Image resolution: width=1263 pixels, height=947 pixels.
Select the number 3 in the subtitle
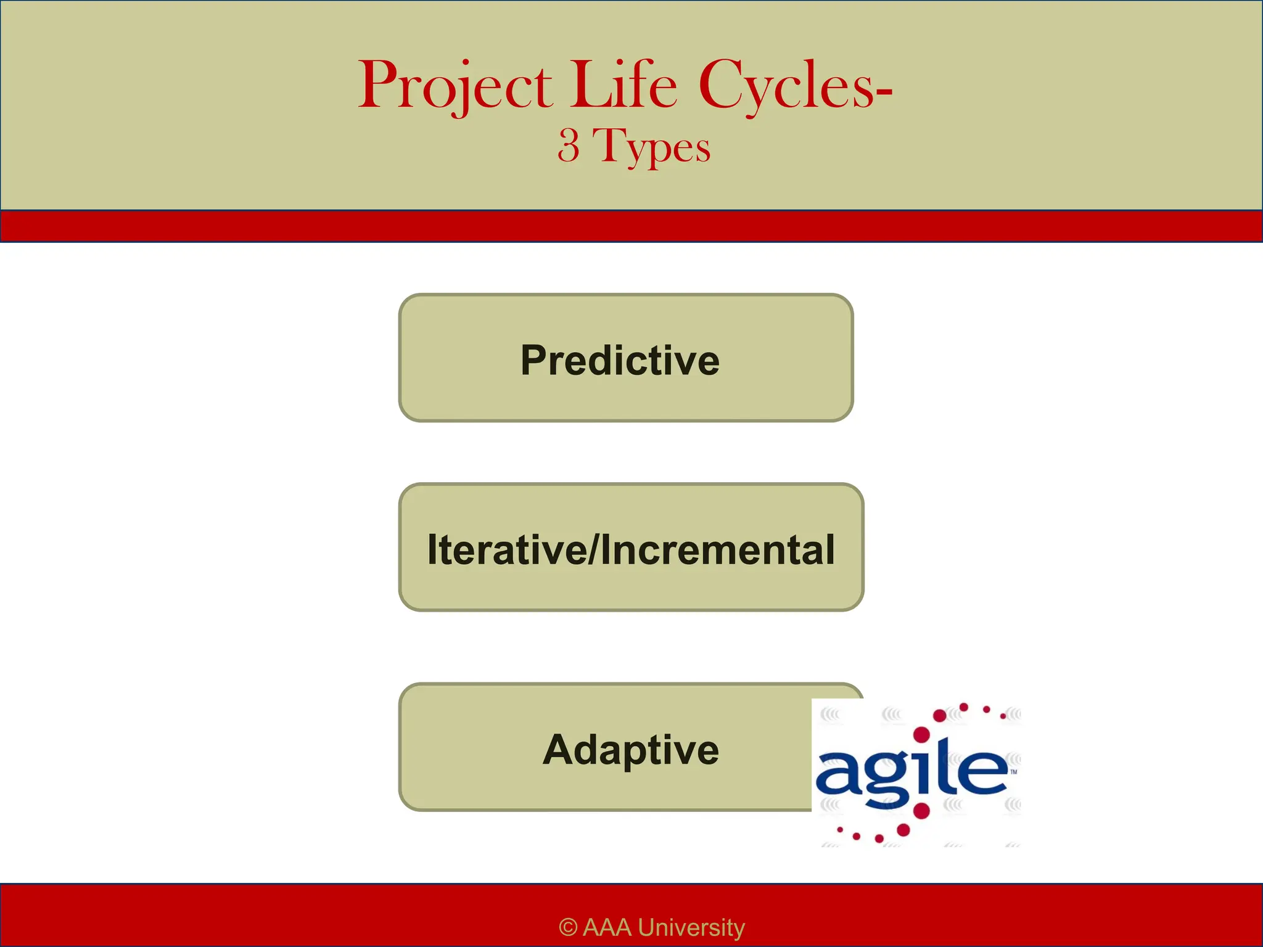569,146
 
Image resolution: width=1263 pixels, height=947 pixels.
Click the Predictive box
625,358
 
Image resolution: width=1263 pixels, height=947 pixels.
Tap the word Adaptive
630,750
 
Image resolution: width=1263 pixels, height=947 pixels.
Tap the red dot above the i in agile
921,734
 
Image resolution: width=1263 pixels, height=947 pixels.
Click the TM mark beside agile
1014,771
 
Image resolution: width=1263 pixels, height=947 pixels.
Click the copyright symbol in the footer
567,927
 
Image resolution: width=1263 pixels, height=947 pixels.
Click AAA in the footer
606,927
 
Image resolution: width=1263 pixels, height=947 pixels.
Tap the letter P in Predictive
534,360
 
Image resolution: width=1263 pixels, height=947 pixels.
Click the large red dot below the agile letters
921,810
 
